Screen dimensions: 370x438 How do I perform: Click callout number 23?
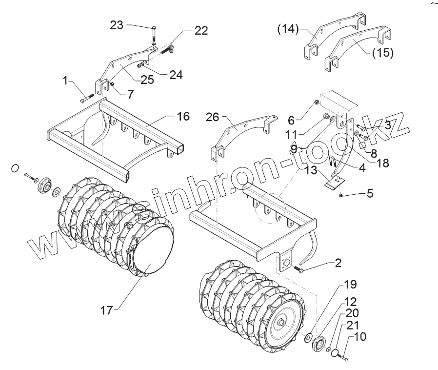coord(118,25)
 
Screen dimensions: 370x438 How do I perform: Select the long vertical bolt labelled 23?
coord(154,34)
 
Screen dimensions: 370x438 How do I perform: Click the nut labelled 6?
coord(316,103)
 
